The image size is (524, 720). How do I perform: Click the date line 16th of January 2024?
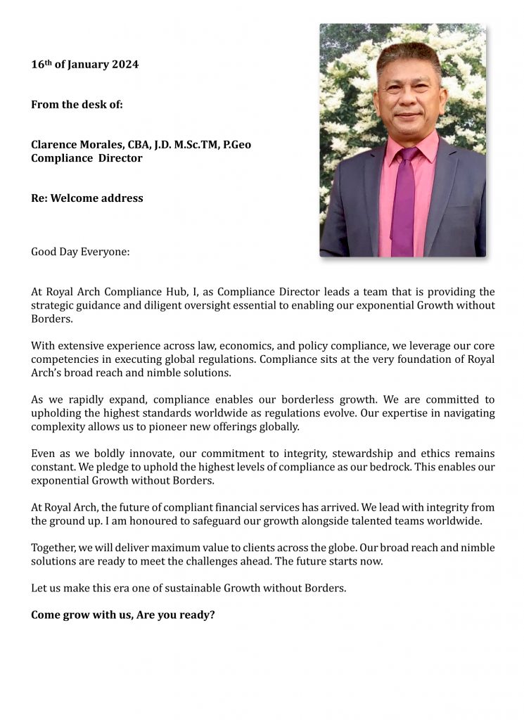pos(84,65)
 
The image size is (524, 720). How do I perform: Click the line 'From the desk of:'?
pos(77,105)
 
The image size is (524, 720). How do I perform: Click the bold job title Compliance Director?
pos(87,158)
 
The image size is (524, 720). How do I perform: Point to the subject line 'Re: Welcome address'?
pos(87,198)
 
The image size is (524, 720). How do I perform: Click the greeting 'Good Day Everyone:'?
pos(80,252)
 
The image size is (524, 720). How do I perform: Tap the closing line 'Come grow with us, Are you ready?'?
pos(122,615)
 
